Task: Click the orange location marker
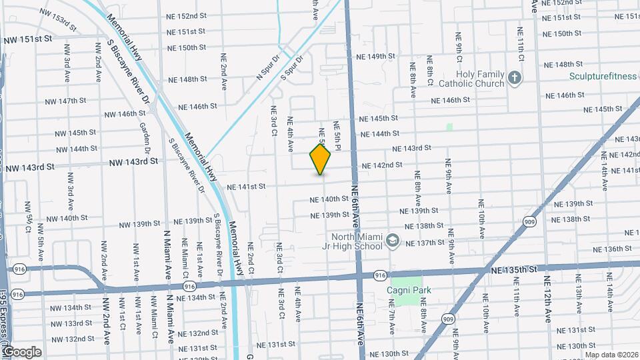tap(321, 159)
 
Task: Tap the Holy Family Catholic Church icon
tap(514, 79)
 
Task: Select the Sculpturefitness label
tap(603, 77)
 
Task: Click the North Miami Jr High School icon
tap(393, 239)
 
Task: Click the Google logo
tap(21, 351)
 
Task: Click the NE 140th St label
tap(325, 199)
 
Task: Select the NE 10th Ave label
tap(480, 217)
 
